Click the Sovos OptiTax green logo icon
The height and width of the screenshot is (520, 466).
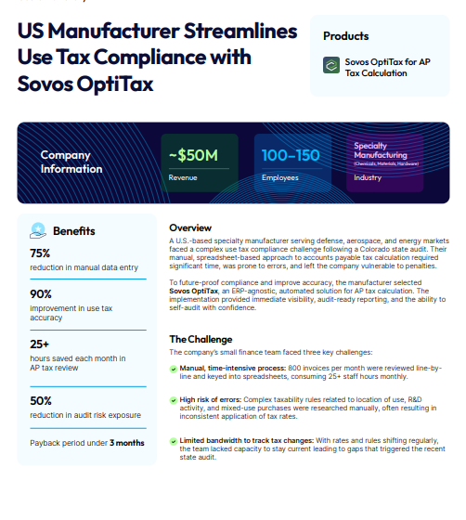tap(330, 66)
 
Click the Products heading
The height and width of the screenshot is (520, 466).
tap(346, 36)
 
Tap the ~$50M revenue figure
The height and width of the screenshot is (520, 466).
tap(193, 155)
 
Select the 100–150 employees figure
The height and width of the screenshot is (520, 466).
tap(290, 155)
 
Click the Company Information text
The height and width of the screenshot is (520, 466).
tap(71, 162)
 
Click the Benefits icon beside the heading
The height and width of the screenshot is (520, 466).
tap(38, 230)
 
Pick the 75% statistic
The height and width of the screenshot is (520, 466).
tap(40, 253)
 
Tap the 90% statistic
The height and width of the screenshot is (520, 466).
tap(40, 293)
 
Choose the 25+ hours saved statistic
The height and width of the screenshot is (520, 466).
tap(40, 344)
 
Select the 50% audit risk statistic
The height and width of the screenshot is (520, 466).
tap(40, 400)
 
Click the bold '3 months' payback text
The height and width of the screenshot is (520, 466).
tap(126, 443)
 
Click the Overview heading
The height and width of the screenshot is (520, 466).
tap(190, 227)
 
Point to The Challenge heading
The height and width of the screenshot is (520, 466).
tap(201, 339)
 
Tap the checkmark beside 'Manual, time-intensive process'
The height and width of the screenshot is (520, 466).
tap(174, 369)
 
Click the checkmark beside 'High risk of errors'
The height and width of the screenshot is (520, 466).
tap(174, 399)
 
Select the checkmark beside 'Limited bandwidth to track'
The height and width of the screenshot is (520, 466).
tap(174, 439)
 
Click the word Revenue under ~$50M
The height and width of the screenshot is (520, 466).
tap(183, 176)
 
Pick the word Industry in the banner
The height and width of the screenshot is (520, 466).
tap(368, 176)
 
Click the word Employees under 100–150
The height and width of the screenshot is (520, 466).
tap(280, 176)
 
